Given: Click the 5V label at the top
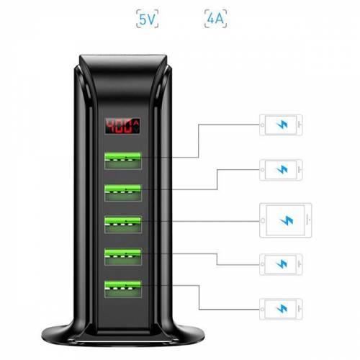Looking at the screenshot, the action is pos(147,19).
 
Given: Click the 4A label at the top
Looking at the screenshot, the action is pos(215,19).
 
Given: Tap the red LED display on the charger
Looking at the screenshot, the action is pos(122,125).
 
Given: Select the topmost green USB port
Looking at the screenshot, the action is pos(123,161).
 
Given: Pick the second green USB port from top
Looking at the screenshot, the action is pos(123,192).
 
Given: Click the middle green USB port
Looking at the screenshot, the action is pos(123,225).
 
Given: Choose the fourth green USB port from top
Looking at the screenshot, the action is pos(123,256).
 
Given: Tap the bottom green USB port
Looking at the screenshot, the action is pos(123,289).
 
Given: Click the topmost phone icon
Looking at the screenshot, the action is pos(281,125).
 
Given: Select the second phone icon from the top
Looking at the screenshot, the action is pos(281,170).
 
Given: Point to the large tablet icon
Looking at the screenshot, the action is pos(286,220).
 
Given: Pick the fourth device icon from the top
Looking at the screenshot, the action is pos(281,264).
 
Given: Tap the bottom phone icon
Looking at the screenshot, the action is pos(281,309).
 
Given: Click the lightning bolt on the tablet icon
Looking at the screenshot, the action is pos(287,220).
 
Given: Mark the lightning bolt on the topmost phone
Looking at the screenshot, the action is pos(282,125).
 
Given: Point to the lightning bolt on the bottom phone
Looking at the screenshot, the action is pos(282,309).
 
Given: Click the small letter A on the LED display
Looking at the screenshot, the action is pos(136,123).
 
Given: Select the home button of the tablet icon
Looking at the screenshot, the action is pos(263,220).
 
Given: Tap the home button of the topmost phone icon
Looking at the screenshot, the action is pos(262,125).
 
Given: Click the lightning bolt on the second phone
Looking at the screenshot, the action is pos(282,170).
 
